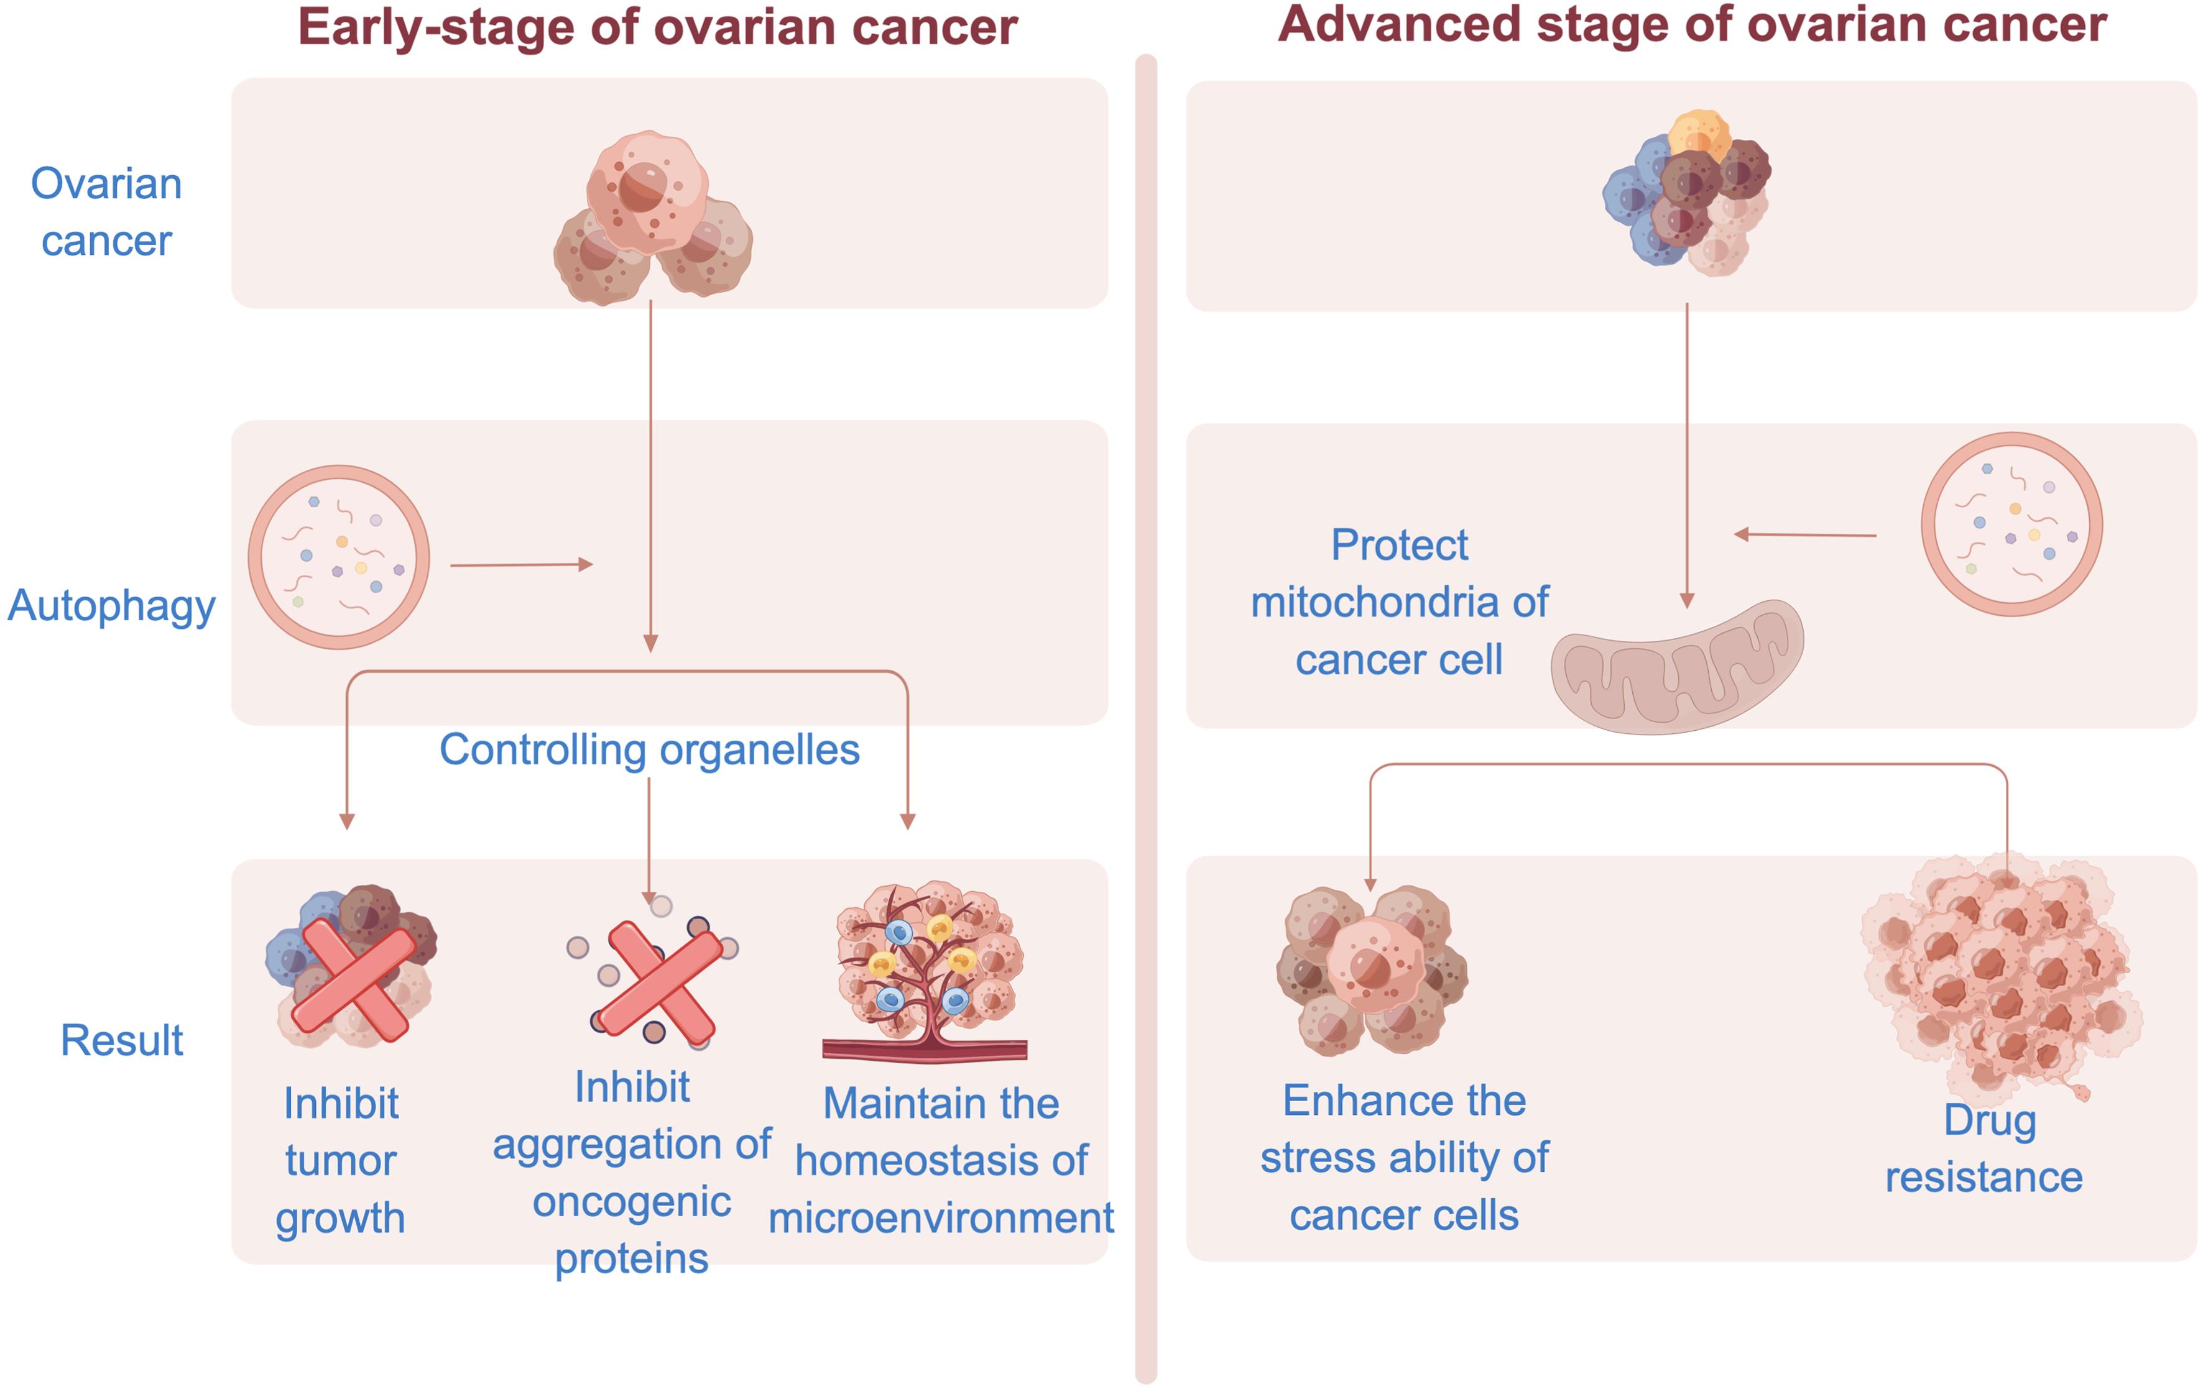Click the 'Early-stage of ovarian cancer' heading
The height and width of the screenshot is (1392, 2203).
[x=657, y=27]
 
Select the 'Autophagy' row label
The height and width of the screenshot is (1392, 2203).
[x=112, y=605]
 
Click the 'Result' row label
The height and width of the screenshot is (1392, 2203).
[x=122, y=1040]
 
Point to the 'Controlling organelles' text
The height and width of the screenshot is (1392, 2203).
[x=650, y=750]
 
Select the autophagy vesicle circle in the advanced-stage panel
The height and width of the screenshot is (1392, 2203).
[x=2011, y=524]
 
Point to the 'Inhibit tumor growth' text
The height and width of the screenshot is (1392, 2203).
[x=340, y=1160]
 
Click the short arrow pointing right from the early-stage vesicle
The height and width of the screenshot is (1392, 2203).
[x=522, y=565]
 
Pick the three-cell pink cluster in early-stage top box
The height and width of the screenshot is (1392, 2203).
[x=652, y=219]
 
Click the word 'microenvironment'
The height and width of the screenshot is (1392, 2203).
[x=941, y=1218]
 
